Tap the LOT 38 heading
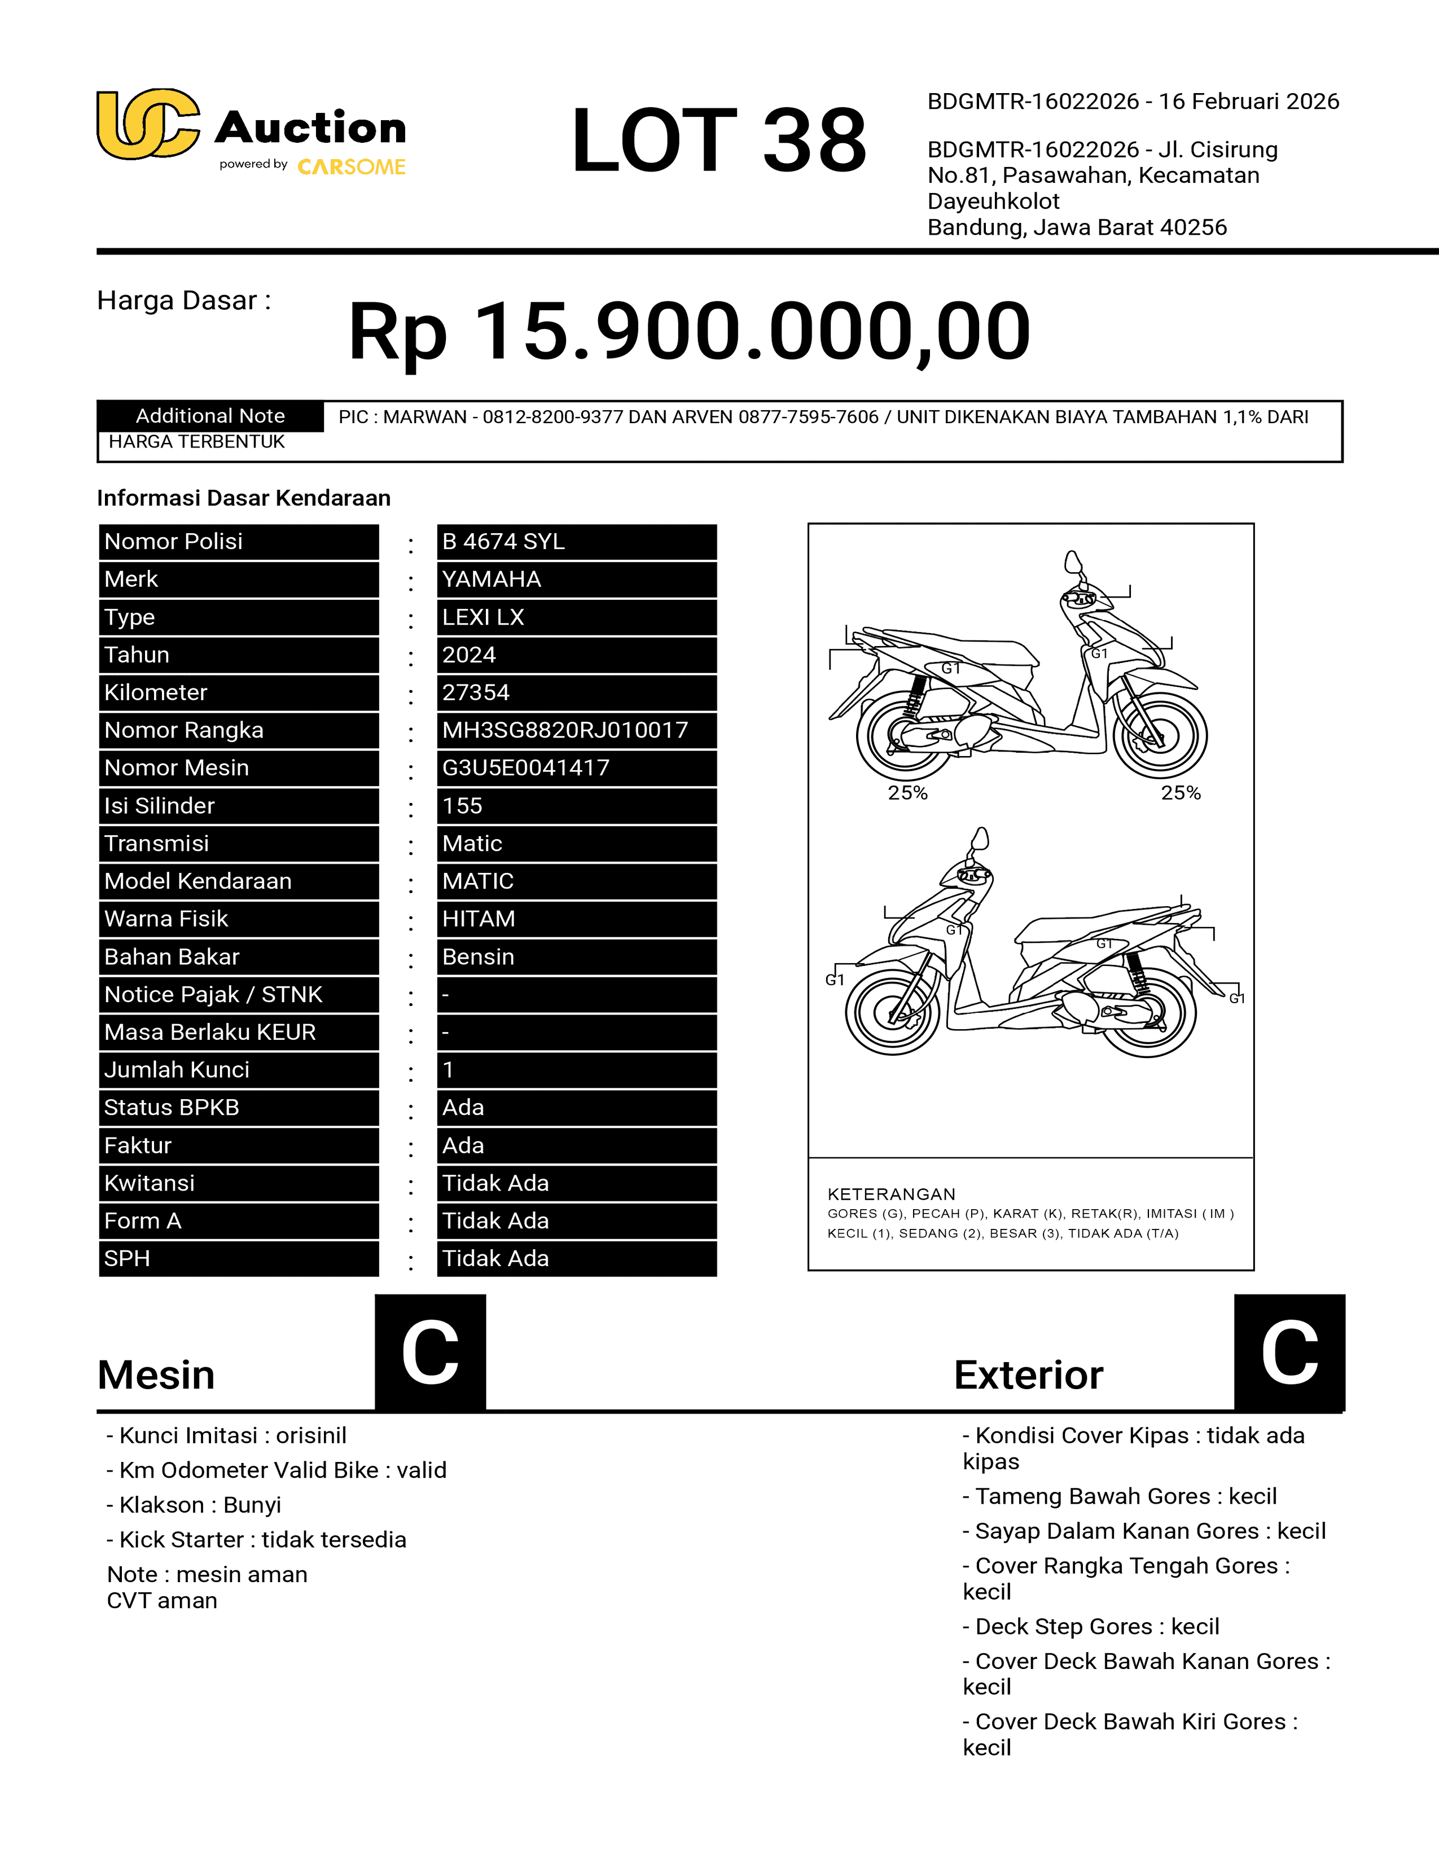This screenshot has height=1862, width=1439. pyautogui.click(x=718, y=140)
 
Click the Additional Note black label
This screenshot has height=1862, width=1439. pyautogui.click(x=210, y=416)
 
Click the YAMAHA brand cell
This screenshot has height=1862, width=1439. pyautogui.click(x=491, y=579)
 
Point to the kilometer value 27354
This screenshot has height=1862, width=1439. pyautogui.click(x=476, y=693)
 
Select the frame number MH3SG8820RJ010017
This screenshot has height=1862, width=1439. pyautogui.click(x=564, y=731)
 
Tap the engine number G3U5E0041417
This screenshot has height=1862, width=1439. pyautogui.click(x=525, y=768)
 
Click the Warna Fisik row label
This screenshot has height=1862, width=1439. pyautogui.click(x=166, y=919)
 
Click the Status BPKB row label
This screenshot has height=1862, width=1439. pyautogui.click(x=172, y=1108)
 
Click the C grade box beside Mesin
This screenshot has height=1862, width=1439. pyautogui.click(x=431, y=1352)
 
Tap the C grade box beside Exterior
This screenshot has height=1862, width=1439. pyautogui.click(x=1289, y=1352)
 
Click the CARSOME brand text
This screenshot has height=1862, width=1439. pyautogui.click(x=351, y=167)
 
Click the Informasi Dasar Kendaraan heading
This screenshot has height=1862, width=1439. pyautogui.click(x=244, y=498)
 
